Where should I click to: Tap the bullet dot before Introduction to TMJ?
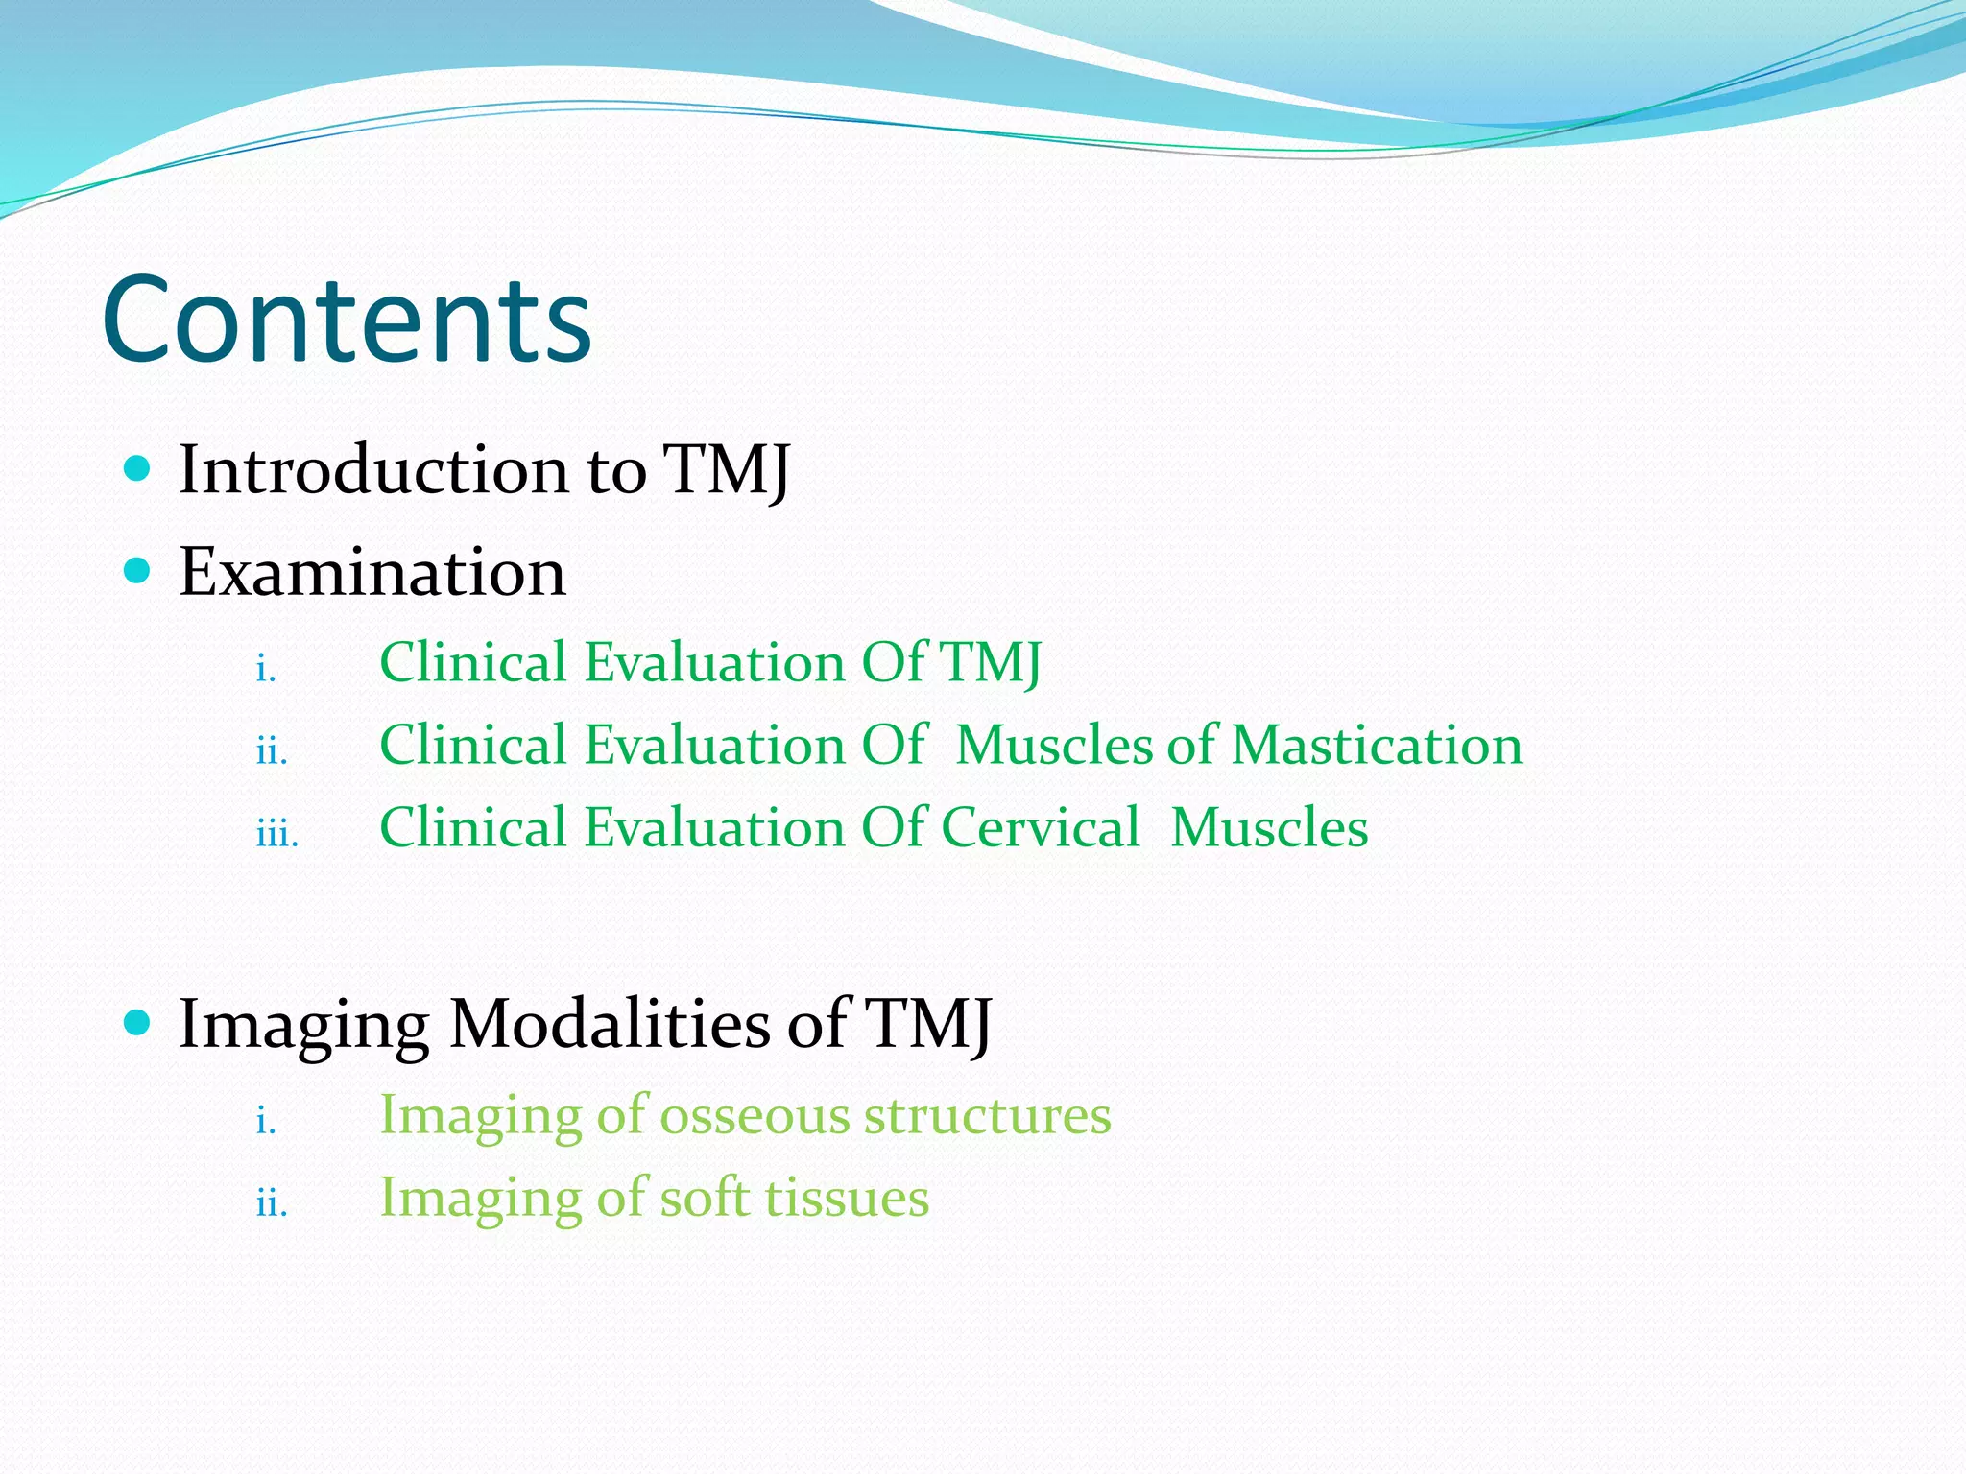[x=138, y=469]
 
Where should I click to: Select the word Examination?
[x=372, y=573]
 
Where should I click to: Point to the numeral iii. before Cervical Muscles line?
[x=277, y=833]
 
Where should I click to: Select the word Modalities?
[x=609, y=1024]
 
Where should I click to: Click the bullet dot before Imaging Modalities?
[x=138, y=1023]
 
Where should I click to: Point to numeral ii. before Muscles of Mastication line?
[x=272, y=750]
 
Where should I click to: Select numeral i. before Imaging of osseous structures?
[x=266, y=1121]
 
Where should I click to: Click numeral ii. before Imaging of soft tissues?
[x=272, y=1203]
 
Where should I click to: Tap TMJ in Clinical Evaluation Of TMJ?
[x=989, y=663]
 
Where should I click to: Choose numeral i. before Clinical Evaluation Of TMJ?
[x=266, y=668]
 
